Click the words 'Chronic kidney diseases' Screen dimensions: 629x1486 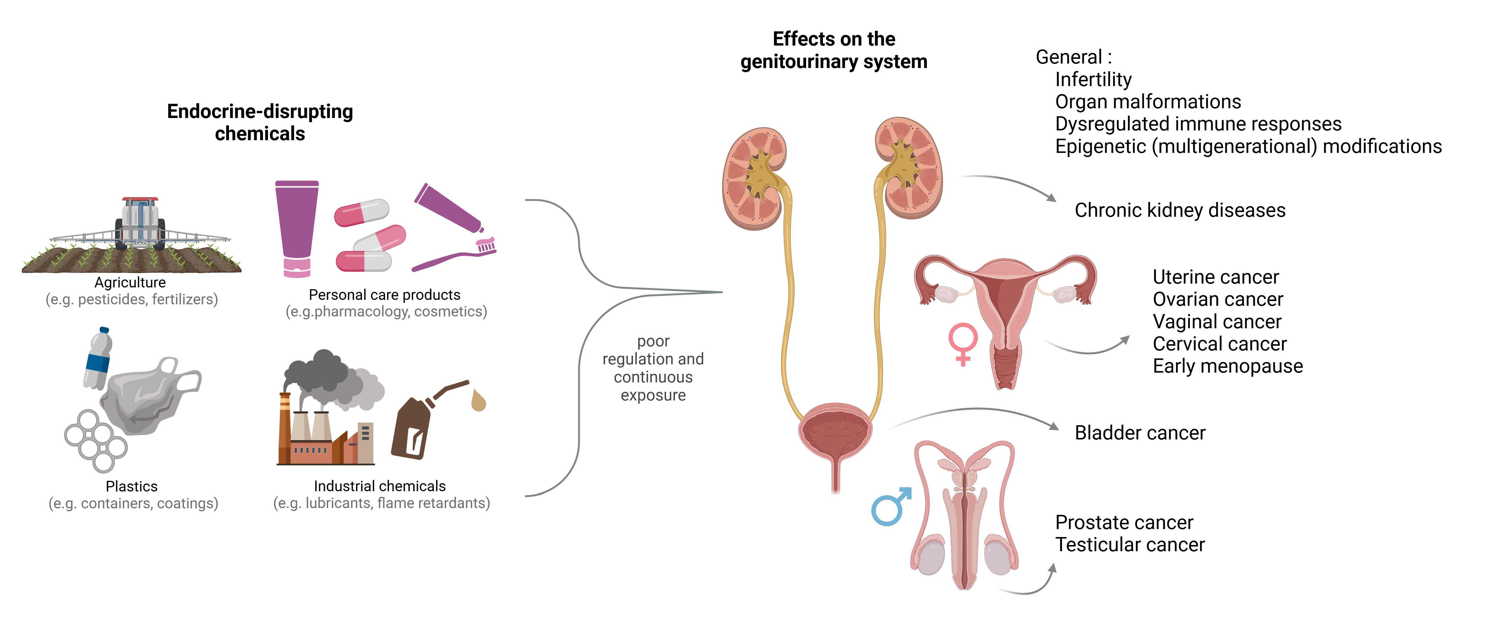pos(1180,210)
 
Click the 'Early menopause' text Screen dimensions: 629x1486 pos(1228,366)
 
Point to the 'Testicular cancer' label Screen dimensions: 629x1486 pos(1129,545)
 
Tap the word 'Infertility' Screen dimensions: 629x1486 pos(1093,79)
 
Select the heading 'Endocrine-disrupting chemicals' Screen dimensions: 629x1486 pos(260,122)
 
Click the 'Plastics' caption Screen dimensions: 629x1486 pos(132,486)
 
